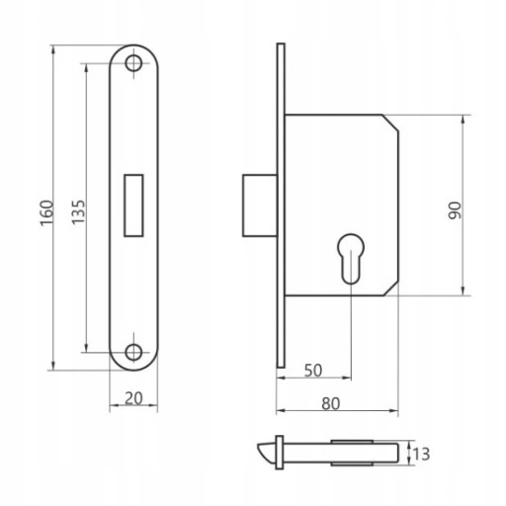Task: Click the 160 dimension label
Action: [46, 212]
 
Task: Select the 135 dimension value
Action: [79, 212]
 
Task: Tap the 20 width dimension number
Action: [133, 398]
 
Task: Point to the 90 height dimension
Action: [456, 211]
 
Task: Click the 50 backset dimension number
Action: [313, 371]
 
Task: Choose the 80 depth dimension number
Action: [330, 404]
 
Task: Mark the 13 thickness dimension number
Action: [421, 455]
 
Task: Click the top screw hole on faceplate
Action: [133, 63]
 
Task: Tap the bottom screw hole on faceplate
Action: [133, 352]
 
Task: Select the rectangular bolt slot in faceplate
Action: [133, 206]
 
